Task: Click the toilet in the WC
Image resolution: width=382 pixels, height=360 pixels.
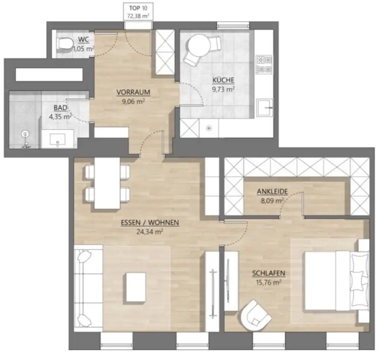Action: click(x=64, y=44)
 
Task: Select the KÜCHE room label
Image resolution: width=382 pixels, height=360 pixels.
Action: click(x=223, y=80)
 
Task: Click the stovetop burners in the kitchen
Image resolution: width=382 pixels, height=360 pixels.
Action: click(x=264, y=64)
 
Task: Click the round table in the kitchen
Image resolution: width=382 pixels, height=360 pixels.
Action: click(x=198, y=45)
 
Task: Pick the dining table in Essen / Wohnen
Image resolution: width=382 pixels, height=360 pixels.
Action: click(x=107, y=183)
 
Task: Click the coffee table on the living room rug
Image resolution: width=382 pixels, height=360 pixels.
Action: click(x=136, y=287)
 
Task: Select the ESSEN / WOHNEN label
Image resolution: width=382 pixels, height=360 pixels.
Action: click(x=150, y=223)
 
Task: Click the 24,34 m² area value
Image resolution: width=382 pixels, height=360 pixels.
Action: click(x=150, y=231)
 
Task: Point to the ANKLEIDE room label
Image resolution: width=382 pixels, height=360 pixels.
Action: click(x=272, y=192)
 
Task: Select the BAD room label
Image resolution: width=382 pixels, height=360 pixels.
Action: click(x=60, y=108)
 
